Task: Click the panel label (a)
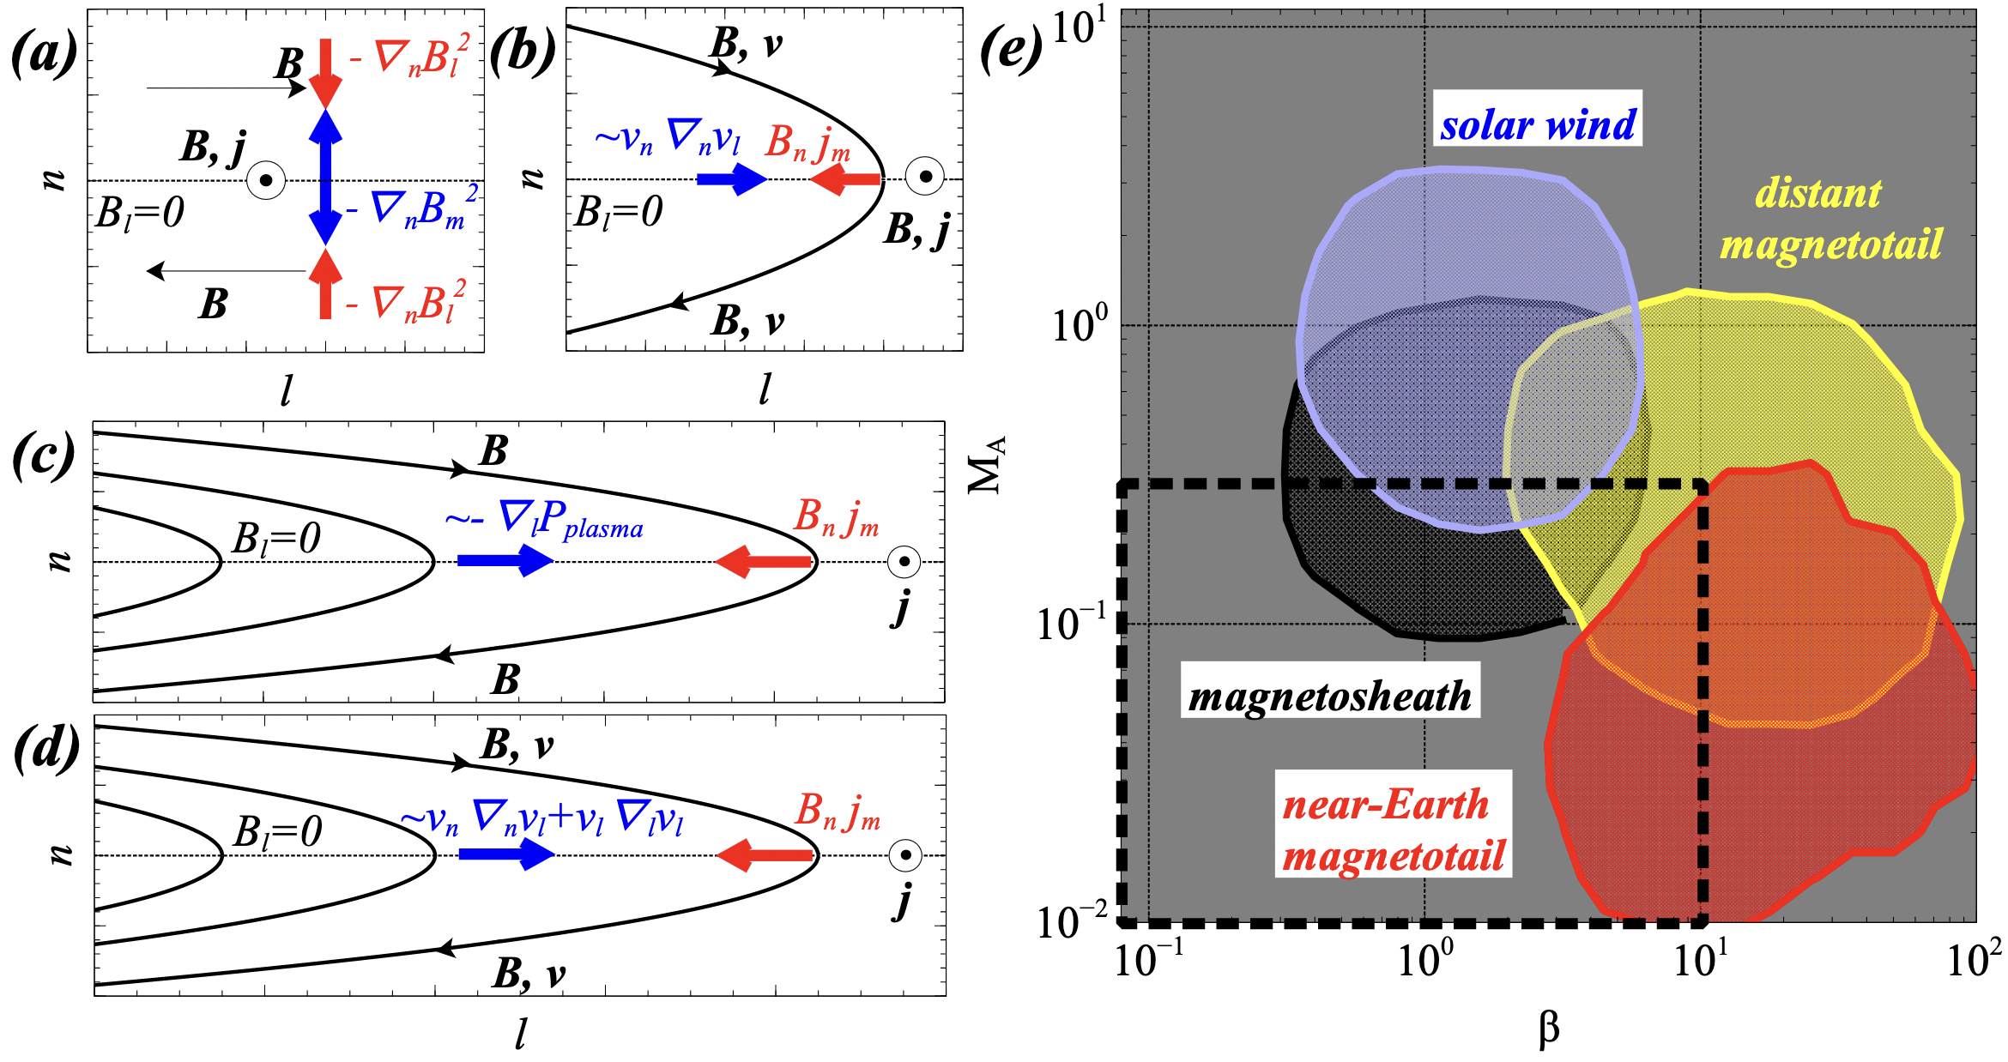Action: (45, 53)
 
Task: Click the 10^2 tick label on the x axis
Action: (1974, 960)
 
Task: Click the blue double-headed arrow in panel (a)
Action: (325, 178)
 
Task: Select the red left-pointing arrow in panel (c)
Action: (764, 562)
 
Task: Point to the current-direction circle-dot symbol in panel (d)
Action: (904, 855)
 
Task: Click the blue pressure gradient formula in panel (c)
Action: (544, 521)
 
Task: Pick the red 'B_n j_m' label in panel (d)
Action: (838, 812)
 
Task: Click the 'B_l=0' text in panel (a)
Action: (140, 213)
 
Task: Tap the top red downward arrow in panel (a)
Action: (325, 71)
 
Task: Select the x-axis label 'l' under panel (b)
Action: (764, 390)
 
